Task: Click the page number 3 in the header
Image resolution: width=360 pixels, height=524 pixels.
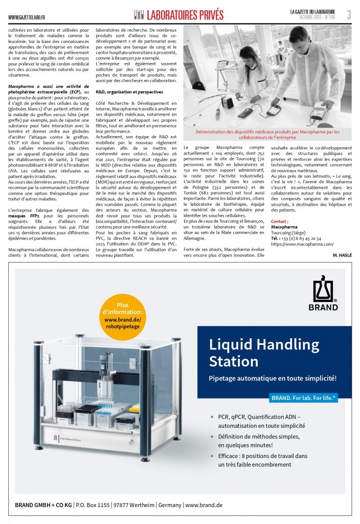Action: point(349,15)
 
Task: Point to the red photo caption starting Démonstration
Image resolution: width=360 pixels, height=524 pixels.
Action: point(267,134)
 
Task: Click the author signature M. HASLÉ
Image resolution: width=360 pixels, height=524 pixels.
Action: point(342,254)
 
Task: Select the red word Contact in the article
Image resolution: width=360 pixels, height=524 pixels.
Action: point(279,221)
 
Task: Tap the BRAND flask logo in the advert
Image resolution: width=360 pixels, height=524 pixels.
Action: point(323,294)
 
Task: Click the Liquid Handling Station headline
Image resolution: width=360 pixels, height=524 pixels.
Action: point(264,353)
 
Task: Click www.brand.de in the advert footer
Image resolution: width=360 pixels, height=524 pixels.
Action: point(204,505)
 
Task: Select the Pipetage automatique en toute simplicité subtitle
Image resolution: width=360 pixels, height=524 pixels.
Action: point(273,379)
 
